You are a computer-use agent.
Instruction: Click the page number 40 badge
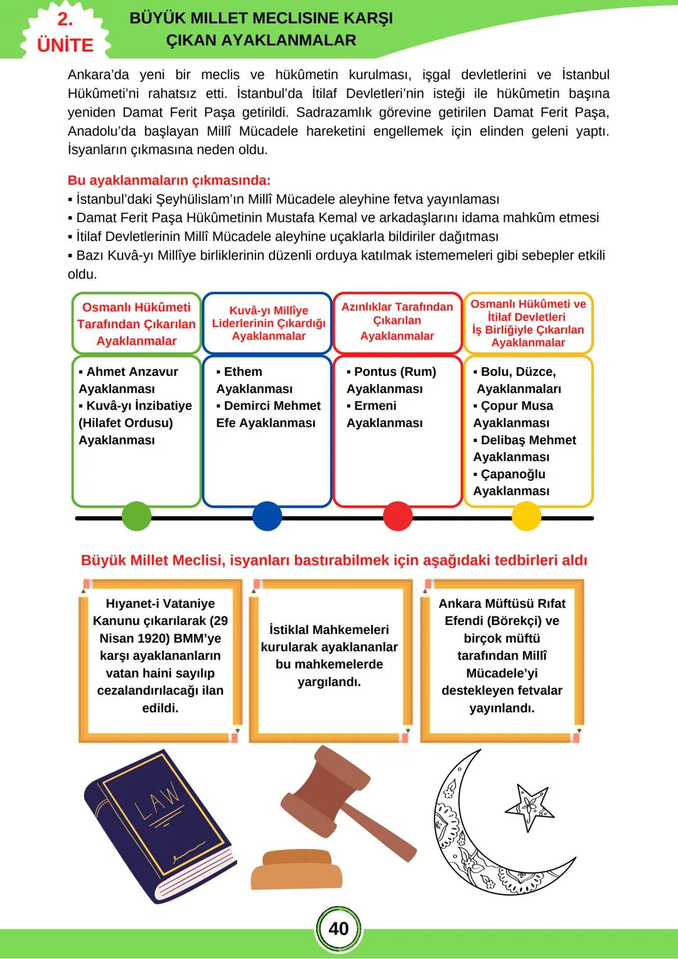click(x=338, y=929)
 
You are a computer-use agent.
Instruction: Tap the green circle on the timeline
click(x=136, y=518)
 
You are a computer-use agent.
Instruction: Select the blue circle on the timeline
click(x=267, y=518)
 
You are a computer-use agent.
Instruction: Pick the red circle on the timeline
click(x=397, y=518)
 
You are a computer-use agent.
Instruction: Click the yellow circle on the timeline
click(x=527, y=518)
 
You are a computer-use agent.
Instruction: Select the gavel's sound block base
click(x=297, y=869)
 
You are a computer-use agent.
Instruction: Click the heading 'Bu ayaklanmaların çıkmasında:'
click(x=169, y=181)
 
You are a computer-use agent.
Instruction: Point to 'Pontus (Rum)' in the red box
click(x=395, y=372)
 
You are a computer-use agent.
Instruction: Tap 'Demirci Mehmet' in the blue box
click(x=272, y=406)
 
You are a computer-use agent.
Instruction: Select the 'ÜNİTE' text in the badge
click(x=65, y=45)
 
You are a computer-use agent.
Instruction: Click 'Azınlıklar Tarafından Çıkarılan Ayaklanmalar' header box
click(x=397, y=321)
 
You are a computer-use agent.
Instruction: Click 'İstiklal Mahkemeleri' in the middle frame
click(x=329, y=630)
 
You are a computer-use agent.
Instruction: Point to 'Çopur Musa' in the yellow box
click(x=517, y=406)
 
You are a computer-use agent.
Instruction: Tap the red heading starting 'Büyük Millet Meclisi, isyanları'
click(x=334, y=560)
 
